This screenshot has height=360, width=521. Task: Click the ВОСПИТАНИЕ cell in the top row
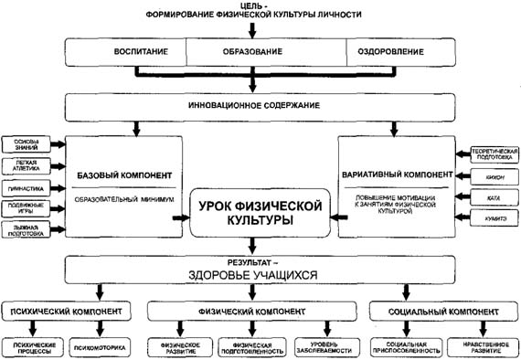pos(126,51)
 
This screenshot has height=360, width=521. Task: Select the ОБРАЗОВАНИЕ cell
pos(266,51)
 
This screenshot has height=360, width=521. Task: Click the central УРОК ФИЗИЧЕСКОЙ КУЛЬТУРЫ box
pos(261,213)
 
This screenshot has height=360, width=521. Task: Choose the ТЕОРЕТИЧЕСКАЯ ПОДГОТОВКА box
pos(495,153)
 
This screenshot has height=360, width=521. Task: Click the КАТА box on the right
pos(494,195)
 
